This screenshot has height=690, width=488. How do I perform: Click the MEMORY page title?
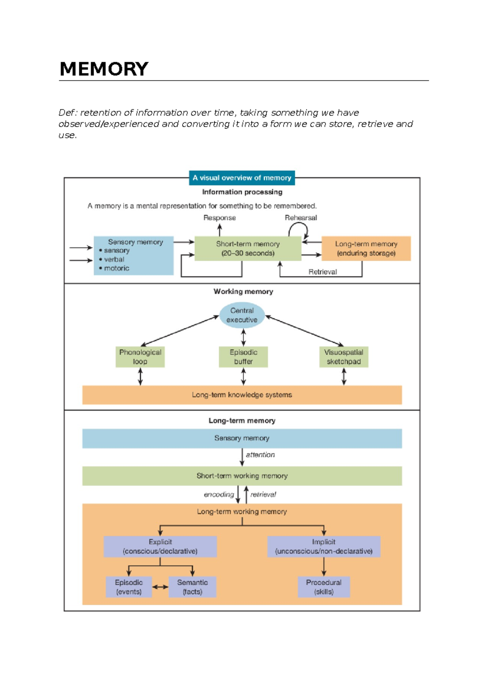click(104, 69)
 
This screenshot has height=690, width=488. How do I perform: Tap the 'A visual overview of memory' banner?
click(242, 178)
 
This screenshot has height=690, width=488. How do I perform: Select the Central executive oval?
click(242, 315)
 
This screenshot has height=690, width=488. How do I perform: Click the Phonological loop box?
click(140, 357)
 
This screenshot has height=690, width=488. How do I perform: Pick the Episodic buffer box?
click(243, 357)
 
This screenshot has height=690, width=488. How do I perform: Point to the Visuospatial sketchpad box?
click(344, 357)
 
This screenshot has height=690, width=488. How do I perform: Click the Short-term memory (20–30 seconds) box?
click(248, 249)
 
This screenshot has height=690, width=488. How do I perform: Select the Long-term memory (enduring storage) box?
click(366, 249)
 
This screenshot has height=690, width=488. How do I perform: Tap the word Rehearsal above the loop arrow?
click(301, 218)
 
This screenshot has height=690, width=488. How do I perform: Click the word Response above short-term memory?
click(220, 218)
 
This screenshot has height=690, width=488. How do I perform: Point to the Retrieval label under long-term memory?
click(322, 272)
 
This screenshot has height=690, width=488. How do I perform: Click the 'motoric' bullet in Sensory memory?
click(116, 268)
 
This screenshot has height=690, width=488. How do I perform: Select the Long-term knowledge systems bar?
click(242, 395)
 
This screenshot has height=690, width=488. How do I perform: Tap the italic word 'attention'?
click(260, 455)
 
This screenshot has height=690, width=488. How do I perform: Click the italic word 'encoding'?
click(219, 494)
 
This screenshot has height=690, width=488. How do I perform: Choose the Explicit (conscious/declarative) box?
click(160, 546)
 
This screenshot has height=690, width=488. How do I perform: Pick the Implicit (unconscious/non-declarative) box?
click(324, 546)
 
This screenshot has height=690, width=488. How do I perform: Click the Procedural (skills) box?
click(324, 587)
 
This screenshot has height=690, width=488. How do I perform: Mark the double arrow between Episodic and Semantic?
click(160, 587)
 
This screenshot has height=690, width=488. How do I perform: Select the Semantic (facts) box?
click(192, 587)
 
